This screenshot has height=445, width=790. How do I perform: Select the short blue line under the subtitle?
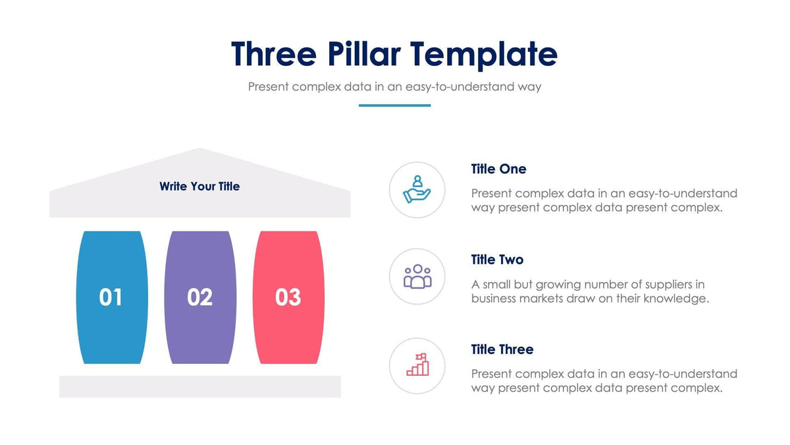point(394,105)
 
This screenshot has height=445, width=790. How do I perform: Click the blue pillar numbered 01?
point(111,297)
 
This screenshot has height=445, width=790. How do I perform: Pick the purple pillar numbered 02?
point(199,297)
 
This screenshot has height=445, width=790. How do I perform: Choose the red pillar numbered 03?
point(288,297)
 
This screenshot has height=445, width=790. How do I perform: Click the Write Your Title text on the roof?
point(199,187)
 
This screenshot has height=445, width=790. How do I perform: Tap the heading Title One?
point(498,169)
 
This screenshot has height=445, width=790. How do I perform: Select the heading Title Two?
point(497,260)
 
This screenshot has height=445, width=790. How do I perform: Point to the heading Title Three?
point(502,349)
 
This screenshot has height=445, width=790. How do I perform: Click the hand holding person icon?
point(417,189)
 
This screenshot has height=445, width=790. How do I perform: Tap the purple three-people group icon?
point(417,277)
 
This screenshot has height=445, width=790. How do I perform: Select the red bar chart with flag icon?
point(417,365)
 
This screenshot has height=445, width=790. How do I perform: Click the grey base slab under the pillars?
point(199,386)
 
